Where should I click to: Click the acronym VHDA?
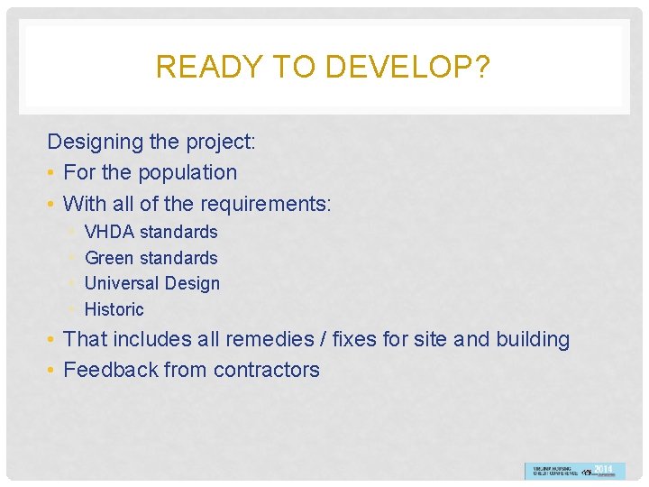[109, 232]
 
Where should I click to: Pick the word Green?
[108, 258]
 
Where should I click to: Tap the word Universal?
[122, 283]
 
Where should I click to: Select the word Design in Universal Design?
[192, 283]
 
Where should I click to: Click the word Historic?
[114, 309]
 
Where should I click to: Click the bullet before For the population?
[52, 173]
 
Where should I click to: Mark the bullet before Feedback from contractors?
[52, 371]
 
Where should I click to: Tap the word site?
[430, 339]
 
